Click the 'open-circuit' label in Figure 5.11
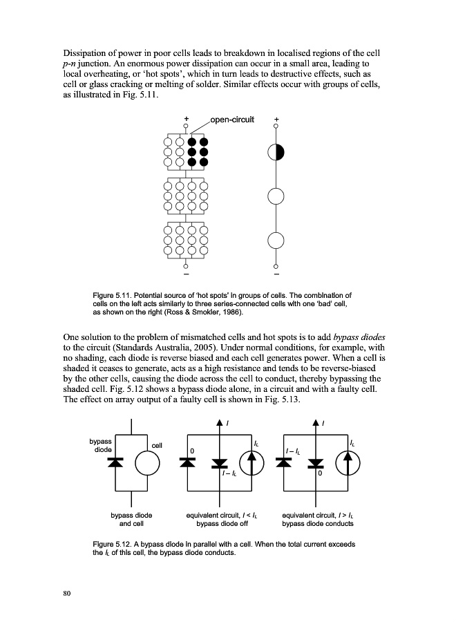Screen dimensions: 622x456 tap(232, 120)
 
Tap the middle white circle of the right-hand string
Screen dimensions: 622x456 tap(276, 196)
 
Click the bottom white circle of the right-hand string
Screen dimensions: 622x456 tap(276, 240)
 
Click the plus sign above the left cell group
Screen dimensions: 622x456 tap(186, 120)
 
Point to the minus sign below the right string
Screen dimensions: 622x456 tap(276, 276)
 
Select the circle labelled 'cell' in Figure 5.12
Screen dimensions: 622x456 tap(148, 464)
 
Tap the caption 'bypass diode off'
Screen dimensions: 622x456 tap(218, 524)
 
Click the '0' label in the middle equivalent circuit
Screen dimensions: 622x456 tap(193, 451)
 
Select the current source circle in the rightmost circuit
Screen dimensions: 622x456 tap(350, 463)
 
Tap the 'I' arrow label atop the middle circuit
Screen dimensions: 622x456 tap(228, 422)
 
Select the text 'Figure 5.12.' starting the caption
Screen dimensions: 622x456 tap(113, 545)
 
